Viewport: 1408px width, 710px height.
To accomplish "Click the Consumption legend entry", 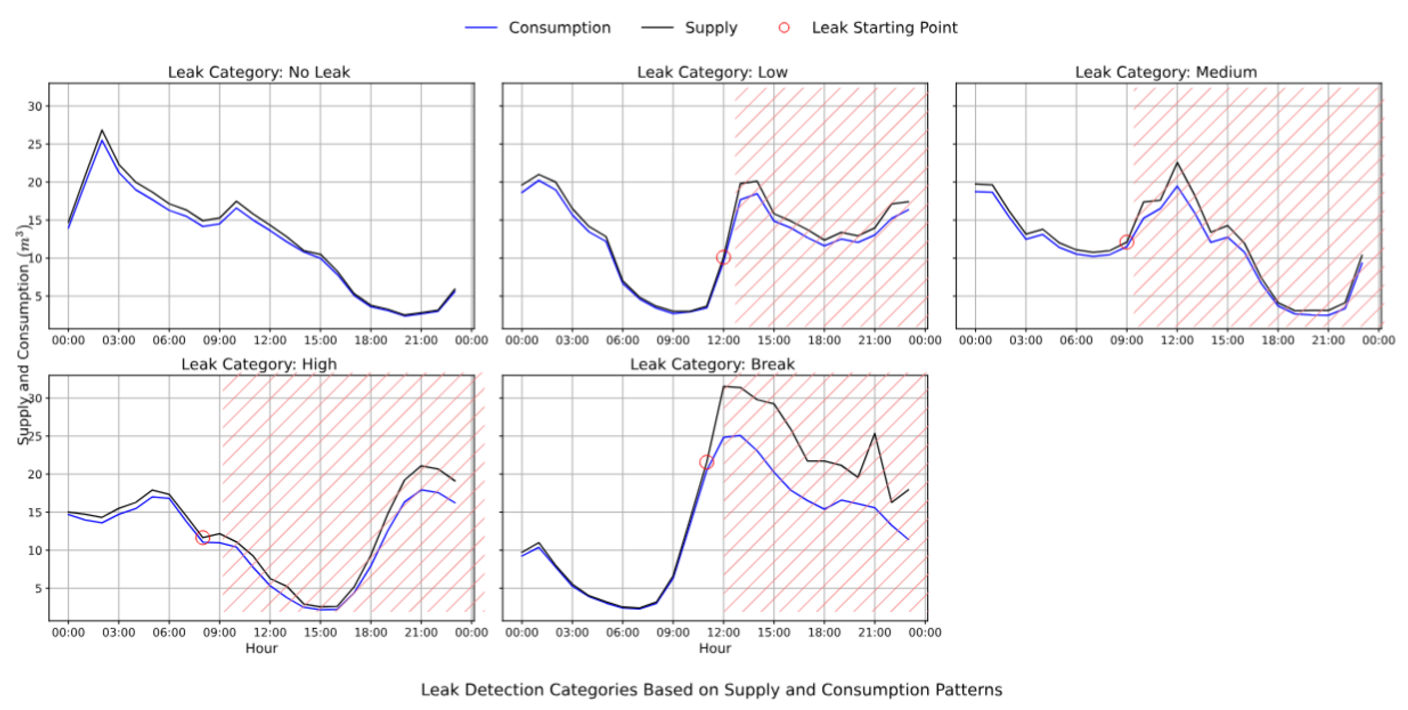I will pos(559,27).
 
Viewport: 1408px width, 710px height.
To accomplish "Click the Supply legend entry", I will pos(711,27).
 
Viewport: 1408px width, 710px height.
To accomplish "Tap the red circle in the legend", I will pos(784,27).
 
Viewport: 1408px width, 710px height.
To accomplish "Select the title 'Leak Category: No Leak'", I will pos(258,72).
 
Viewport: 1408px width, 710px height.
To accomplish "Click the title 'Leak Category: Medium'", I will pos(1166,72).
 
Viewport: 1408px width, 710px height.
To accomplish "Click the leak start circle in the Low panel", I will pos(723,257).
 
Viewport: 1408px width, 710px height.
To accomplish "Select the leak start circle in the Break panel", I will pos(706,462).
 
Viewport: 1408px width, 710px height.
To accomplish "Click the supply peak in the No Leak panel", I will pos(102,131).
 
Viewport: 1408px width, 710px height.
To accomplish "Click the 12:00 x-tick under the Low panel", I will pos(723,340).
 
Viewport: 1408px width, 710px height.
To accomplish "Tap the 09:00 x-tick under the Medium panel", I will pos(1127,340).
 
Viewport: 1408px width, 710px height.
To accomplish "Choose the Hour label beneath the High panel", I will pos(261,648).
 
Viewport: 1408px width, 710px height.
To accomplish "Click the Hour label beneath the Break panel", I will pos(714,648).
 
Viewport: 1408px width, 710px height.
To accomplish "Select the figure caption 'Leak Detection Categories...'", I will pos(711,690).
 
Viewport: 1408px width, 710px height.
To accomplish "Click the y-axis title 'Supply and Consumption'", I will pos(23,334).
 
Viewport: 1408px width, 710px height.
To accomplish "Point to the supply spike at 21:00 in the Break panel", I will pos(874,434).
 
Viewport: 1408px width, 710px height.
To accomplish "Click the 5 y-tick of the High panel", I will pos(38,589).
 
